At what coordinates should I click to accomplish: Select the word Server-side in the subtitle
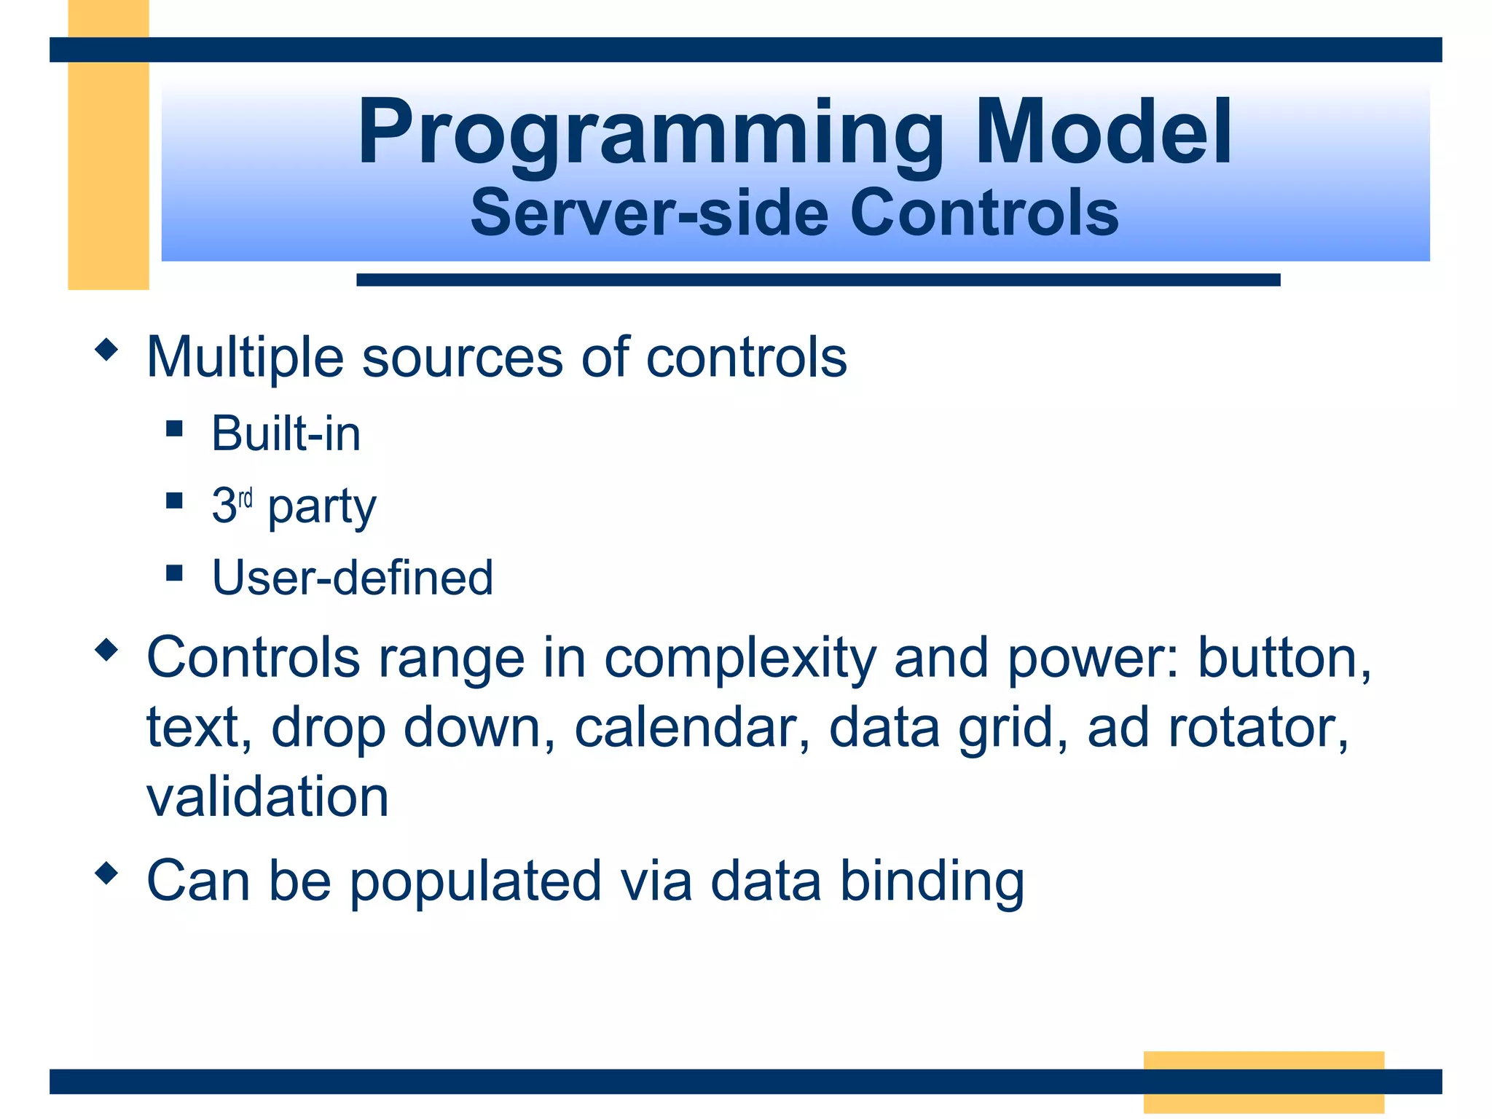point(649,213)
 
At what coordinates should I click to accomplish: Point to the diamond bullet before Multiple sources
point(106,350)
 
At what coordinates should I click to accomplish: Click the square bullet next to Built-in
point(174,428)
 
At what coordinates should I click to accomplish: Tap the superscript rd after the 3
point(246,498)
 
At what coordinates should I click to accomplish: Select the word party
point(321,508)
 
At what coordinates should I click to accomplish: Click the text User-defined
point(353,578)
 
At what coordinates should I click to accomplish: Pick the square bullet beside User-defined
point(174,573)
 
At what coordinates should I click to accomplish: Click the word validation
point(267,796)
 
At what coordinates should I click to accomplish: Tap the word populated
point(476,882)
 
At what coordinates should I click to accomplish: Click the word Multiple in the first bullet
point(245,357)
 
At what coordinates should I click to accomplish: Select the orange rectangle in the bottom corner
point(1263,1081)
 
